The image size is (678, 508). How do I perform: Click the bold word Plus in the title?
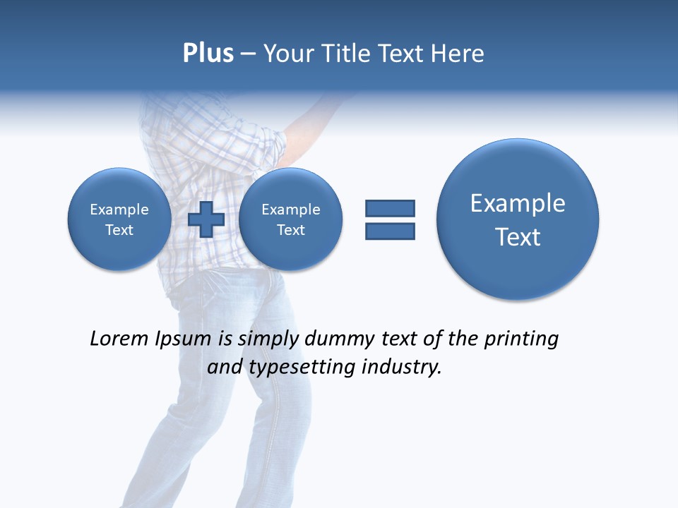coord(208,54)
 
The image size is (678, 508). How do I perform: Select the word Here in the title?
coord(458,54)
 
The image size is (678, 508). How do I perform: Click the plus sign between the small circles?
coord(206,219)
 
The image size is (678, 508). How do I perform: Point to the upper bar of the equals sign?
coord(390,208)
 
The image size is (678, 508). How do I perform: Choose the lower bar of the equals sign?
coord(390,231)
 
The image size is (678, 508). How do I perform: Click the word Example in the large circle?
coord(518,203)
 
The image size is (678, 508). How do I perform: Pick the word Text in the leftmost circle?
coord(119,230)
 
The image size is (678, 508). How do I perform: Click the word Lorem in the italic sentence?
coord(120,339)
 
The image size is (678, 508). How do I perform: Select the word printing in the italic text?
coord(521,339)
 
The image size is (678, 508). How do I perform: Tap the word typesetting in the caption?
coord(299,367)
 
